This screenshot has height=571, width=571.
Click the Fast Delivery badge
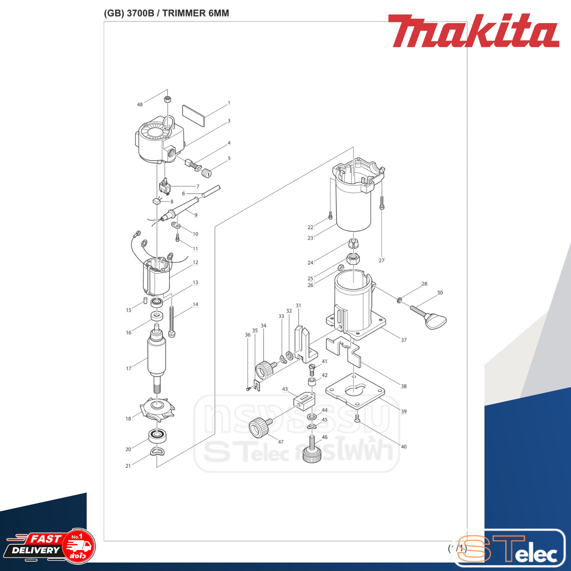(50, 546)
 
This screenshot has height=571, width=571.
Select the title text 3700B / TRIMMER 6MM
(166, 13)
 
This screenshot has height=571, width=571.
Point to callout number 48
(140, 104)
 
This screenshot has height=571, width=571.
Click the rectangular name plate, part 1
(193, 116)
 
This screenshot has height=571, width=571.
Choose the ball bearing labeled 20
(157, 435)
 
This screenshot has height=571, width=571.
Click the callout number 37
(403, 340)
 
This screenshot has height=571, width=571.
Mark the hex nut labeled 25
(353, 258)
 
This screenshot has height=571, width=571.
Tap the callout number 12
(195, 262)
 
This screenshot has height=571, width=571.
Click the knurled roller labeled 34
(264, 370)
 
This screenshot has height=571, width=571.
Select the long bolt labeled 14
(171, 320)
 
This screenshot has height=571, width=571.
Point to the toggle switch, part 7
(165, 186)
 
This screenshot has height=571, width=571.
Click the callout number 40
(403, 447)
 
